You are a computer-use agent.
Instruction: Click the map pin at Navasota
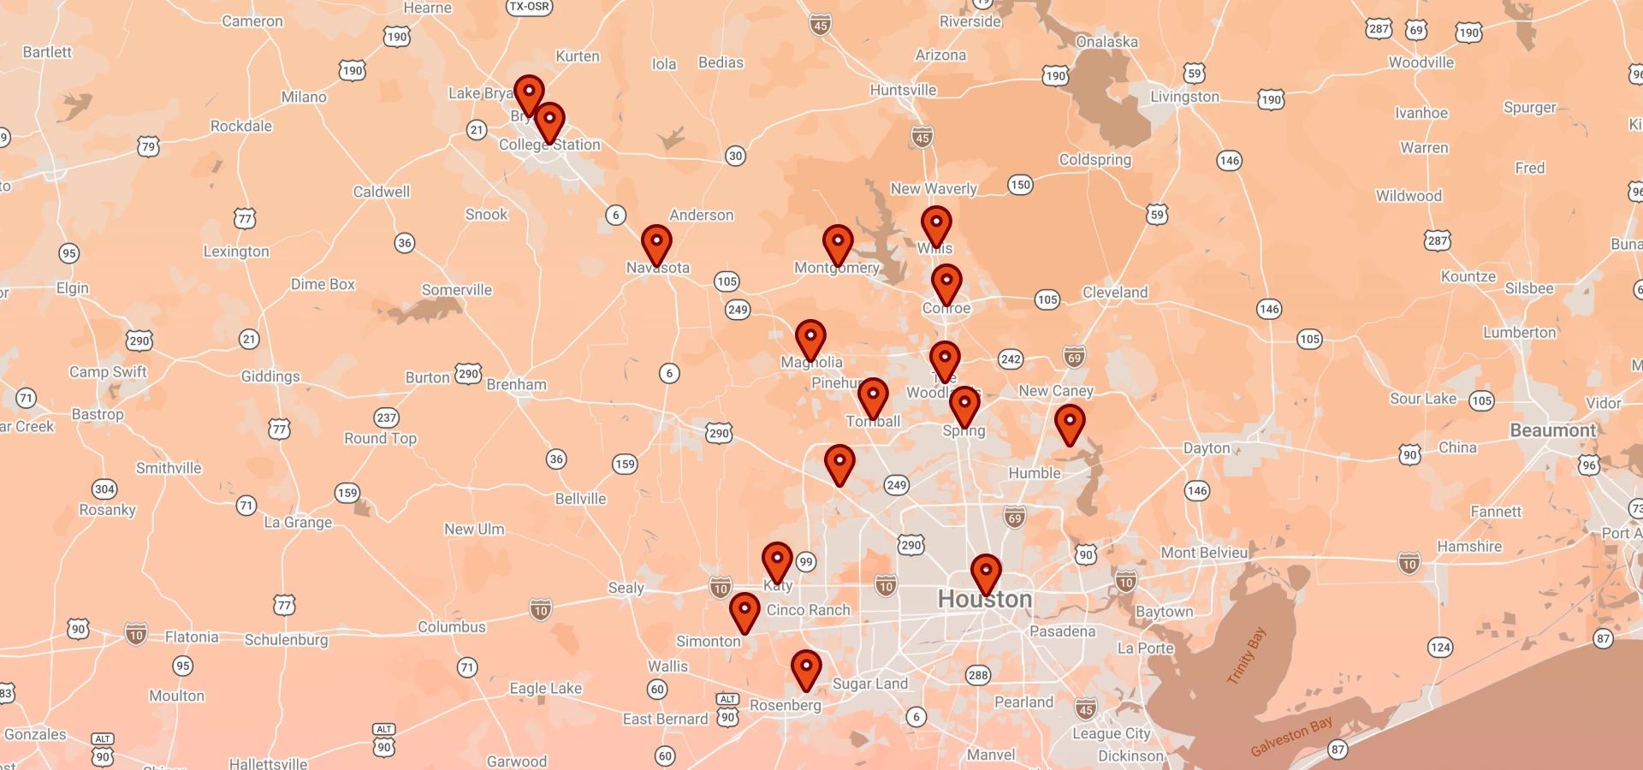(x=656, y=244)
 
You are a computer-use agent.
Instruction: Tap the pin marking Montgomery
(x=838, y=244)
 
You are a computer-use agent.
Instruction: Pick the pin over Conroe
(x=946, y=283)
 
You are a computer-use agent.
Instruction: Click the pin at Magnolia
(x=810, y=339)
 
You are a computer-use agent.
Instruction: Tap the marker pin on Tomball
(x=873, y=397)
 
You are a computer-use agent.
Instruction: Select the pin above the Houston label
(x=986, y=572)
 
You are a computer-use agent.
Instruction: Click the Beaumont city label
(x=1552, y=430)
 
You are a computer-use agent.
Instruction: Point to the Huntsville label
(x=903, y=90)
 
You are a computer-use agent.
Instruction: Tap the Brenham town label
(x=516, y=385)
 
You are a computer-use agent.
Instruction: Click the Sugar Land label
(x=869, y=684)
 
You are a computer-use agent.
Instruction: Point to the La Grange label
(x=298, y=522)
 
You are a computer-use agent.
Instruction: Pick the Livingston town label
(x=1184, y=97)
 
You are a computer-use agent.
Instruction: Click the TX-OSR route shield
(x=529, y=7)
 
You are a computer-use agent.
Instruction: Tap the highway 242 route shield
(x=1011, y=359)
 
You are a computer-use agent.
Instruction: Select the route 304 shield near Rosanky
(x=104, y=489)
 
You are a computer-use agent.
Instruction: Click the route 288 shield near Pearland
(x=978, y=675)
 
